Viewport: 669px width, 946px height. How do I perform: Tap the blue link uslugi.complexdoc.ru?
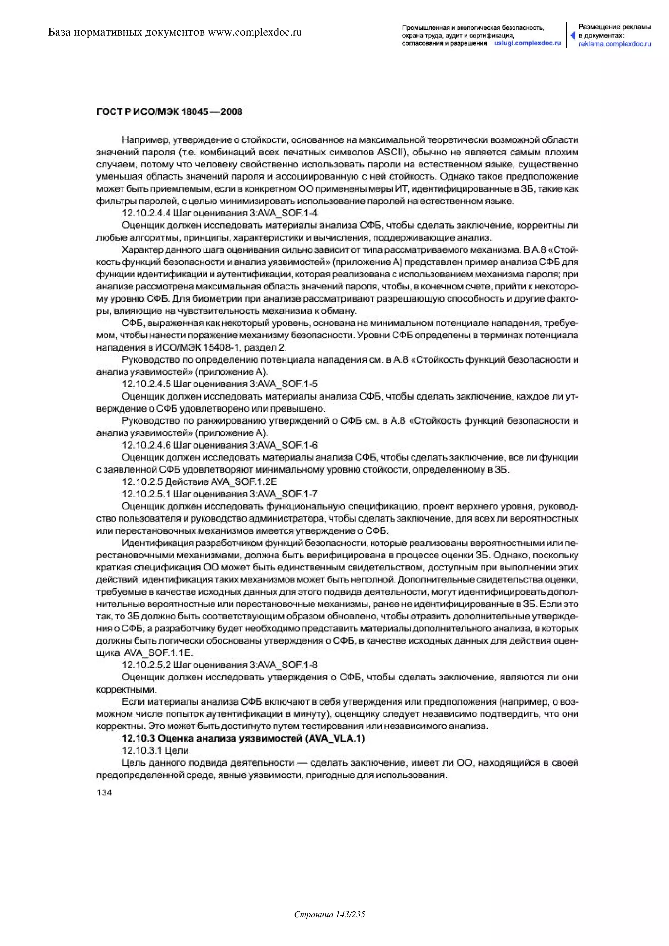[527, 43]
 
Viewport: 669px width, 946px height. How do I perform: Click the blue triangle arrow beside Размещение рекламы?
[573, 35]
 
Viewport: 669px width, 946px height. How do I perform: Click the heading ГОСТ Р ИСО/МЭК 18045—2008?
[169, 112]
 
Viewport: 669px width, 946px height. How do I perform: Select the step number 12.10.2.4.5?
[146, 384]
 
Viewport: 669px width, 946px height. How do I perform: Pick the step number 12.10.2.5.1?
[146, 494]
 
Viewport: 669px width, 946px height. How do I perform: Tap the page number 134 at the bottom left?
[104, 792]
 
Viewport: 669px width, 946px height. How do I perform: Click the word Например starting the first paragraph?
[145, 140]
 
